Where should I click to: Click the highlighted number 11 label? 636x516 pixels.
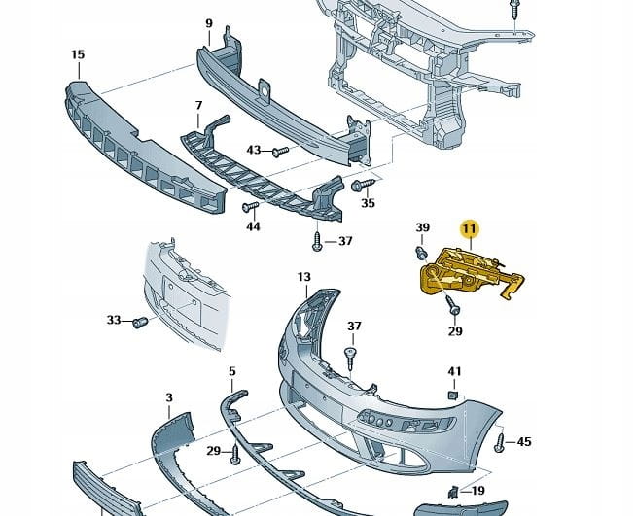[x=470, y=229]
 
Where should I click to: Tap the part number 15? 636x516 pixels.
[x=78, y=55]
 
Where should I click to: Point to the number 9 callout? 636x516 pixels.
[x=209, y=22]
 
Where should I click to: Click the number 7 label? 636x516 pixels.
[x=198, y=104]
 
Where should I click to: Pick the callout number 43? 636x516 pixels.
[x=254, y=150]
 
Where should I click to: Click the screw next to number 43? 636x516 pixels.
[x=278, y=151]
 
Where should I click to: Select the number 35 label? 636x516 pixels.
[x=367, y=203]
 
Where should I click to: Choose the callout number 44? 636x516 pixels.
[x=253, y=226]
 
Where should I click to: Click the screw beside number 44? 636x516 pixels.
[x=247, y=206]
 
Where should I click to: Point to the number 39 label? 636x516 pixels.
[x=423, y=227]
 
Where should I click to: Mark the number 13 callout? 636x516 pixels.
[x=303, y=277]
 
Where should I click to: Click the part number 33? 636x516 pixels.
[x=114, y=320]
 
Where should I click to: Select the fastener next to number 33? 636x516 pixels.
[x=138, y=322]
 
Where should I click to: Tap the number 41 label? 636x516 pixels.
[x=454, y=371]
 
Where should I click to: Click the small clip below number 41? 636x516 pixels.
[x=453, y=395]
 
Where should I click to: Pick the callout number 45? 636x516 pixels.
[x=524, y=442]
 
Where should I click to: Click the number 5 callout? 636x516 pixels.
[x=231, y=371]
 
